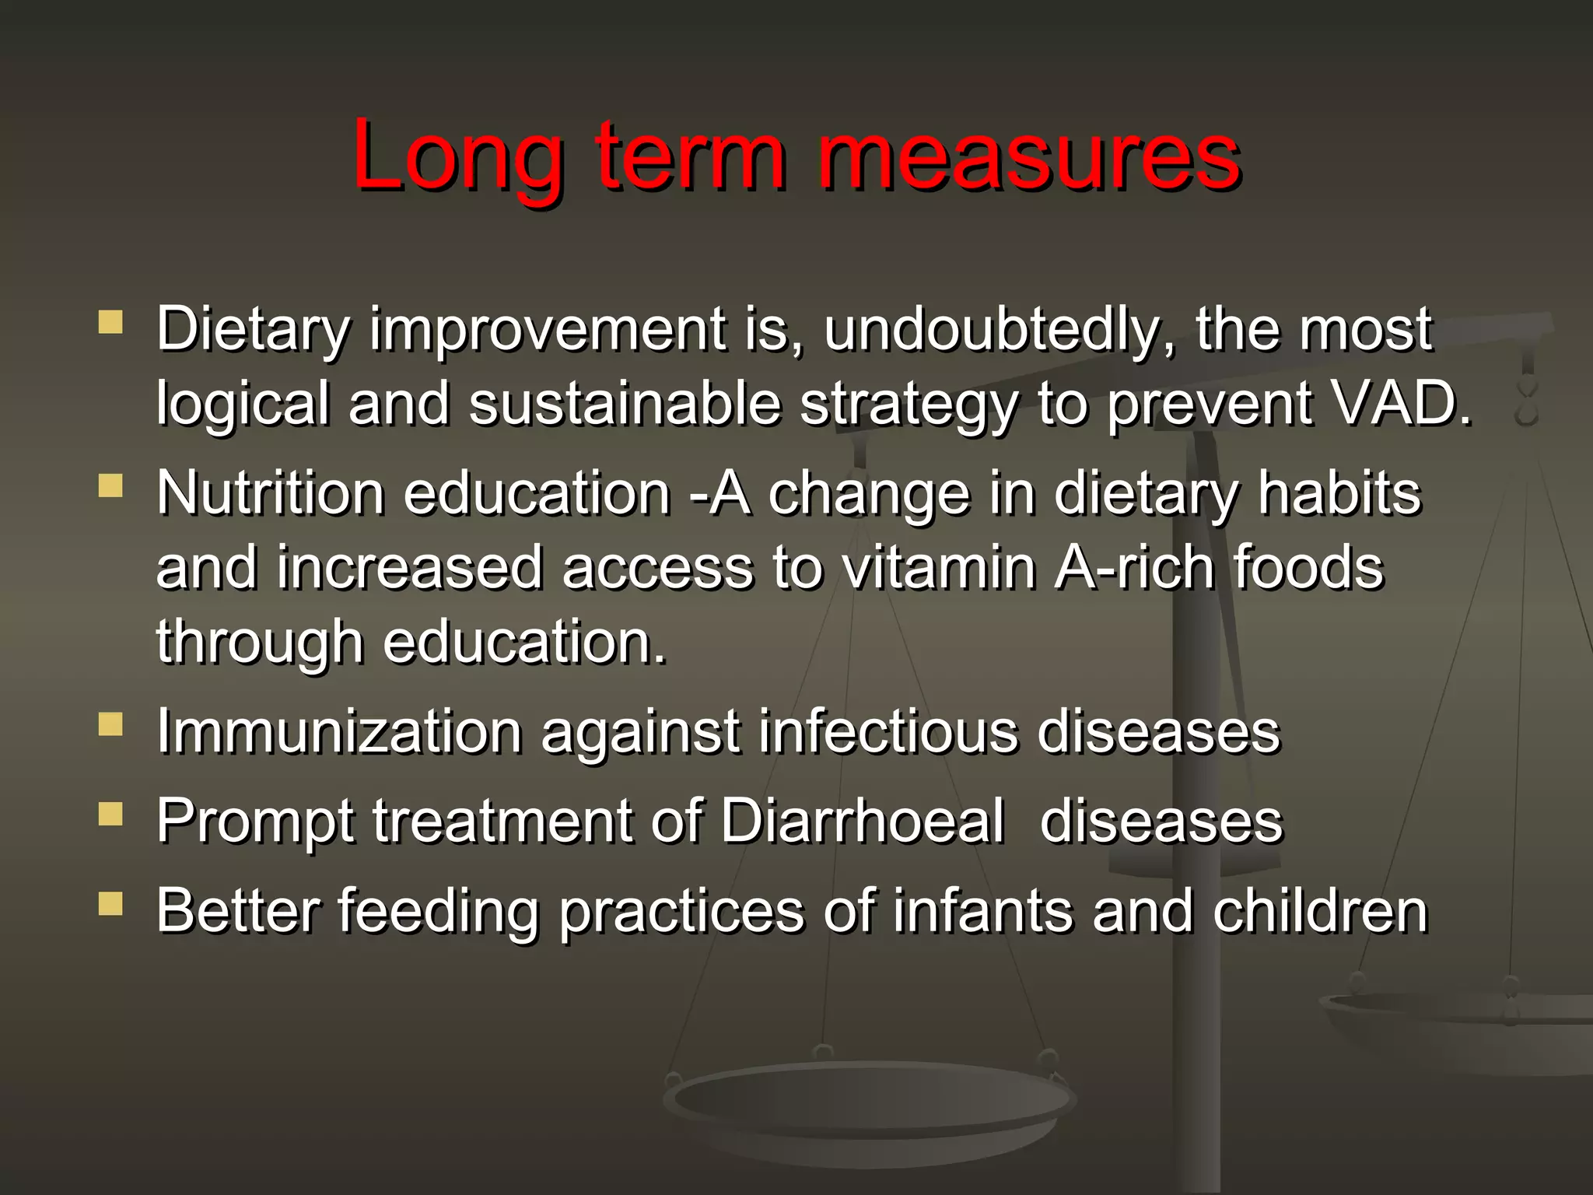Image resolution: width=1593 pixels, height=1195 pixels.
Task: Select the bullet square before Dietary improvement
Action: click(x=111, y=323)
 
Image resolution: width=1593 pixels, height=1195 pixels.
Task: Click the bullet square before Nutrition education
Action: click(x=111, y=487)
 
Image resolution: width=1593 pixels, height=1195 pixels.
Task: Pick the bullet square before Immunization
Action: click(x=111, y=725)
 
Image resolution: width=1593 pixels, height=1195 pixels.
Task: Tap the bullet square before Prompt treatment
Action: click(x=111, y=815)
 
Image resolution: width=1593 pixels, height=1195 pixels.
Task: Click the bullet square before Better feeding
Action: click(x=111, y=904)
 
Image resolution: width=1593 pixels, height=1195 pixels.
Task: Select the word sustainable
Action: click(x=625, y=404)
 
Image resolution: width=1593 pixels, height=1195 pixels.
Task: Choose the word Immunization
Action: click(x=339, y=731)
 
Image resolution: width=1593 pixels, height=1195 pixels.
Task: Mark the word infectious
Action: click(x=888, y=731)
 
